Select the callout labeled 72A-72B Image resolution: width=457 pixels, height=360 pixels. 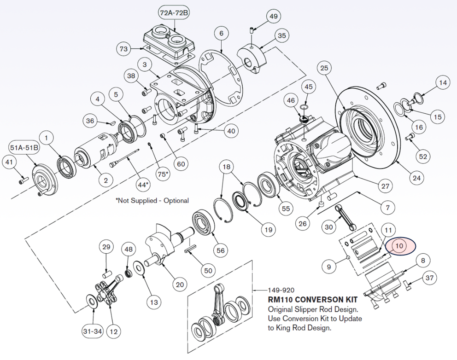click(x=174, y=13)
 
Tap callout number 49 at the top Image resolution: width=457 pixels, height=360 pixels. click(x=274, y=17)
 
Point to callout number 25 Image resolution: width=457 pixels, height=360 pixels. click(x=324, y=69)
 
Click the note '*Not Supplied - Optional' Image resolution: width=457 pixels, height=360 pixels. click(x=152, y=201)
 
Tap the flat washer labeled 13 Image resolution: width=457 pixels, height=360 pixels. click(x=138, y=267)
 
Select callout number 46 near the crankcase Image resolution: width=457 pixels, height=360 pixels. click(x=291, y=100)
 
